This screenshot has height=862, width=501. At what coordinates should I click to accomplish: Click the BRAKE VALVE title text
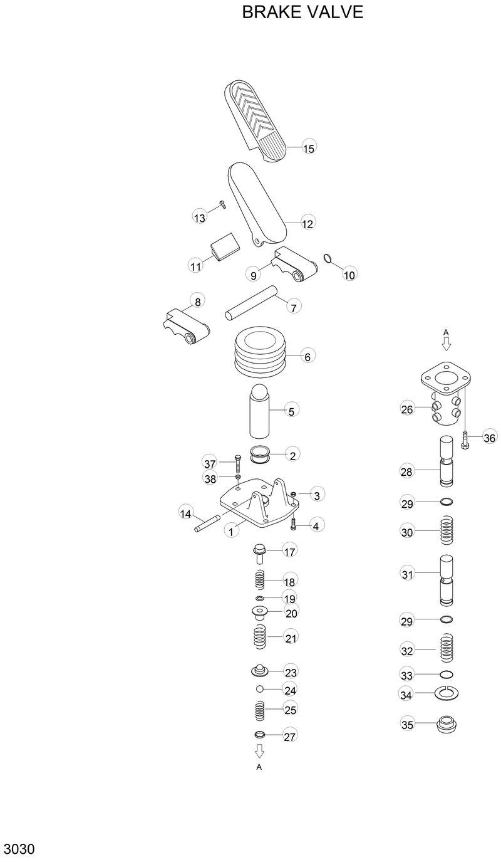pos(302,13)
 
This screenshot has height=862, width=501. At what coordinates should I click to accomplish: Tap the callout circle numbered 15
pos(309,148)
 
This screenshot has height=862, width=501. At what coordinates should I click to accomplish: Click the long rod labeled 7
pos(251,302)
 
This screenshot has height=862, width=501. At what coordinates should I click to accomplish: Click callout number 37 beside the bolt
pos(210,463)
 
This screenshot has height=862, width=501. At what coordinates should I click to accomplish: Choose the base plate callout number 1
pos(230,531)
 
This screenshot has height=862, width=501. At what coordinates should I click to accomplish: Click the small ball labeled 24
pos(259,690)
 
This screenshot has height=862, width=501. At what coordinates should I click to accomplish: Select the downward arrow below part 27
pos(259,751)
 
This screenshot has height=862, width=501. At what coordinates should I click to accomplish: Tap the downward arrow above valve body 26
pos(447,343)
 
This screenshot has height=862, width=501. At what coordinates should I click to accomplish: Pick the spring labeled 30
pos(446,530)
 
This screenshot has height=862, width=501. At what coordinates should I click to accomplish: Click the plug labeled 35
pos(447,725)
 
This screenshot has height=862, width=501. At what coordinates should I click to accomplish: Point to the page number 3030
pos(19,849)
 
